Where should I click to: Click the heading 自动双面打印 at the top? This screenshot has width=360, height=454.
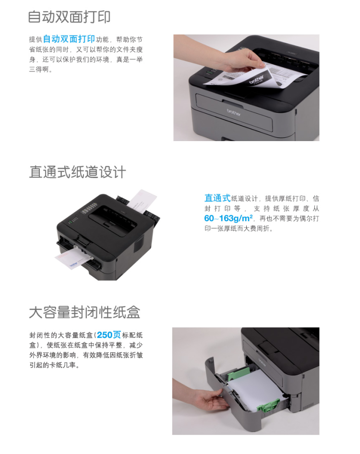click(x=70, y=17)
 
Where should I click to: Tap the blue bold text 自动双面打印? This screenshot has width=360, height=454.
click(x=69, y=39)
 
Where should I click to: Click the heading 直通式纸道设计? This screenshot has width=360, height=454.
click(x=77, y=172)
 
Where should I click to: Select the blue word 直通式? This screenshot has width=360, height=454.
click(x=217, y=198)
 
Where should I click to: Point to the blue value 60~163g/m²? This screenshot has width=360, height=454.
click(x=228, y=219)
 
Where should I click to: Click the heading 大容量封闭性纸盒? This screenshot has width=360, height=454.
click(x=84, y=312)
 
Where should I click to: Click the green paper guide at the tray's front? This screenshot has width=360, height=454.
click(x=267, y=407)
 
